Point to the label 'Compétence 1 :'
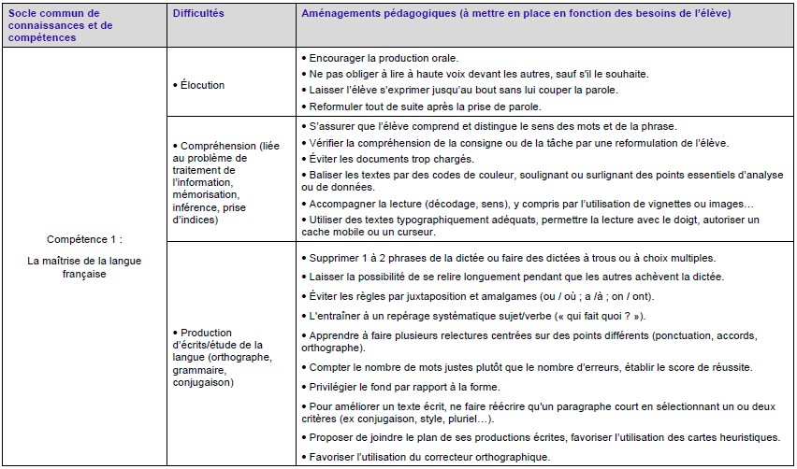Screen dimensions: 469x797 click(x=84, y=239)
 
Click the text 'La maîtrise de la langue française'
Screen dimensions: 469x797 click(x=84, y=267)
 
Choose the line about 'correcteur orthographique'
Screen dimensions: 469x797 click(x=429, y=456)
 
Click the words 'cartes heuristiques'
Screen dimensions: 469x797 click(x=734, y=437)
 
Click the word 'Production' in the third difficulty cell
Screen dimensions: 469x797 click(x=207, y=333)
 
